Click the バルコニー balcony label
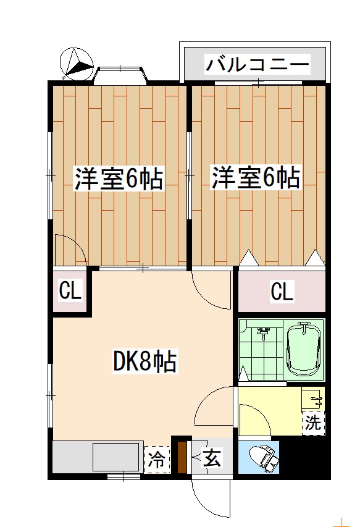pyautogui.click(x=257, y=64)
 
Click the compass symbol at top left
pyautogui.click(x=76, y=64)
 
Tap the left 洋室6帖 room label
pyautogui.click(x=119, y=179)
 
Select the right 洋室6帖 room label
pyautogui.click(x=256, y=179)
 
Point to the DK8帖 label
pyautogui.click(x=145, y=362)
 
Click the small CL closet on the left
pyautogui.click(x=70, y=291)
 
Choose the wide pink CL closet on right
pyautogui.click(x=282, y=291)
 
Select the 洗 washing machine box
pyautogui.click(x=313, y=423)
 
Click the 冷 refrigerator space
pyautogui.click(x=157, y=459)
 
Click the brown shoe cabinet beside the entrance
pyautogui.click(x=182, y=458)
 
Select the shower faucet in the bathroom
pyautogui.click(x=264, y=333)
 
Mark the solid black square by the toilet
pyautogui.click(x=304, y=458)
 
